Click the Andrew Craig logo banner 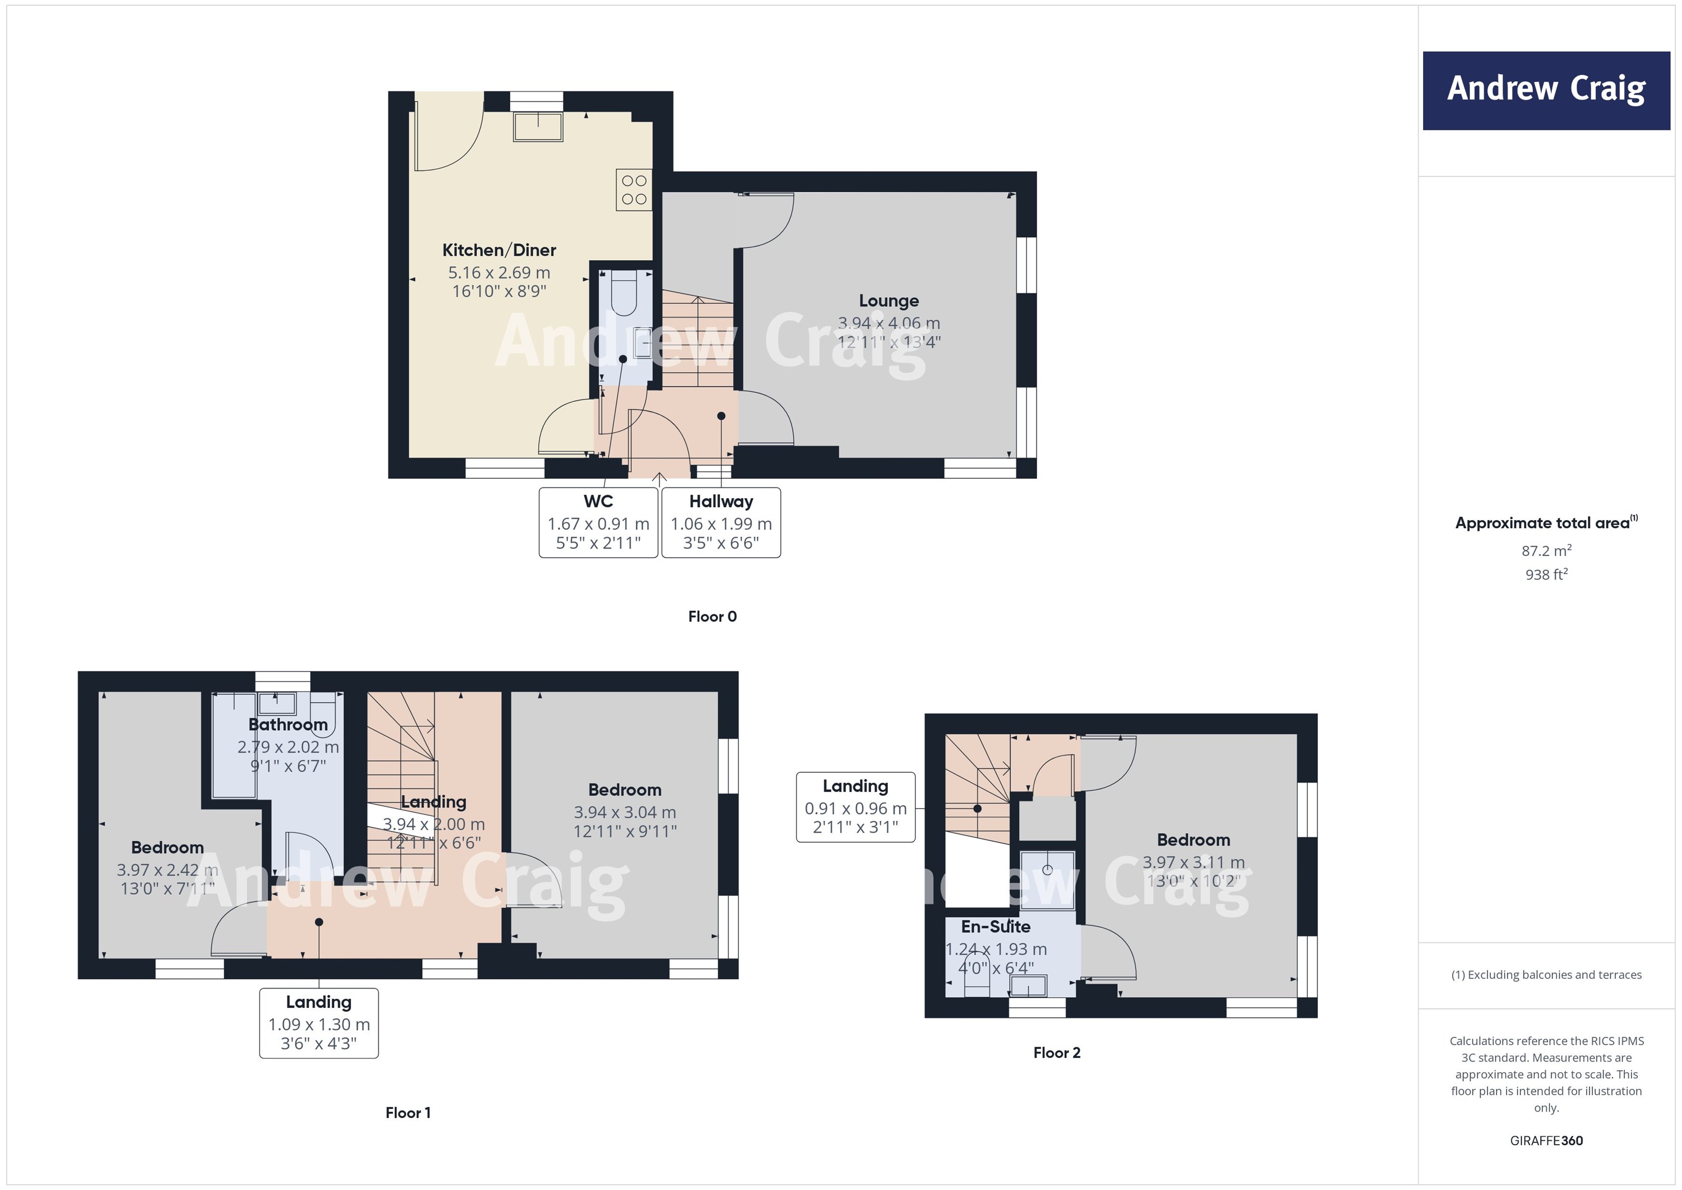click(1546, 90)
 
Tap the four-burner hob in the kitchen click(634, 190)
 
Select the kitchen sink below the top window click(538, 127)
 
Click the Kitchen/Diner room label click(499, 250)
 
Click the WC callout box click(598, 523)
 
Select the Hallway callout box click(721, 523)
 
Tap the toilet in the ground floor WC click(624, 293)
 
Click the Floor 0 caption click(712, 616)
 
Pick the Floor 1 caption click(408, 1113)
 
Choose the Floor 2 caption click(1057, 1052)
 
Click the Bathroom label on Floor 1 click(288, 725)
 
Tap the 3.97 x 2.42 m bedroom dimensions click(168, 870)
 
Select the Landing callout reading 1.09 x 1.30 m click(319, 1023)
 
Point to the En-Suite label click(995, 926)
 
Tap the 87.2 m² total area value click(1546, 550)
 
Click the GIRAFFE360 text click(1546, 1140)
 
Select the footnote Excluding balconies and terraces click(1546, 974)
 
